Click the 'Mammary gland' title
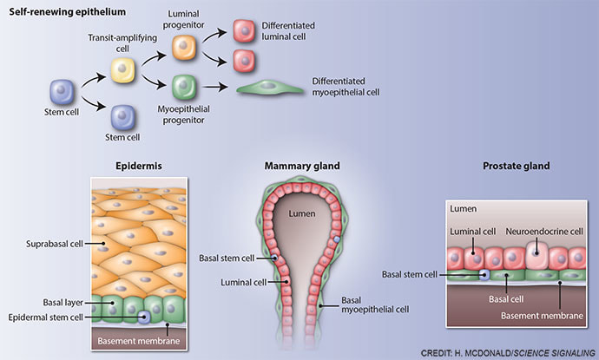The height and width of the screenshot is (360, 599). pos(302,165)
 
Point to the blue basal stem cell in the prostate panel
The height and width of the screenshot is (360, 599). pos(484,274)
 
